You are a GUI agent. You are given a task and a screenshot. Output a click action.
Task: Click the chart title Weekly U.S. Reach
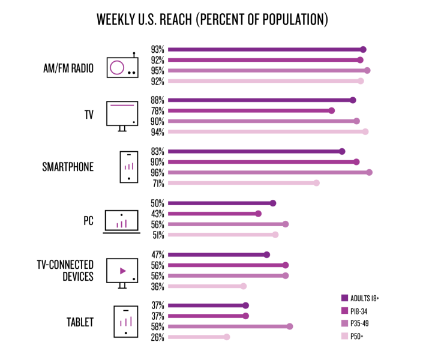(212, 20)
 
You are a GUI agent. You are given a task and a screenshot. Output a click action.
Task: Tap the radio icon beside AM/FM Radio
(122, 67)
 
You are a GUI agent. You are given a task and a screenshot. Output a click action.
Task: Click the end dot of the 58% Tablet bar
(290, 326)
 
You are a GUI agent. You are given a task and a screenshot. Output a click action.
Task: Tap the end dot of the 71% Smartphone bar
(316, 183)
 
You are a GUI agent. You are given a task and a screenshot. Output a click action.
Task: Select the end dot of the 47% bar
(267, 254)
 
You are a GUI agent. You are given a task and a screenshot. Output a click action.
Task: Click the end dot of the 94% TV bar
(365, 131)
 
